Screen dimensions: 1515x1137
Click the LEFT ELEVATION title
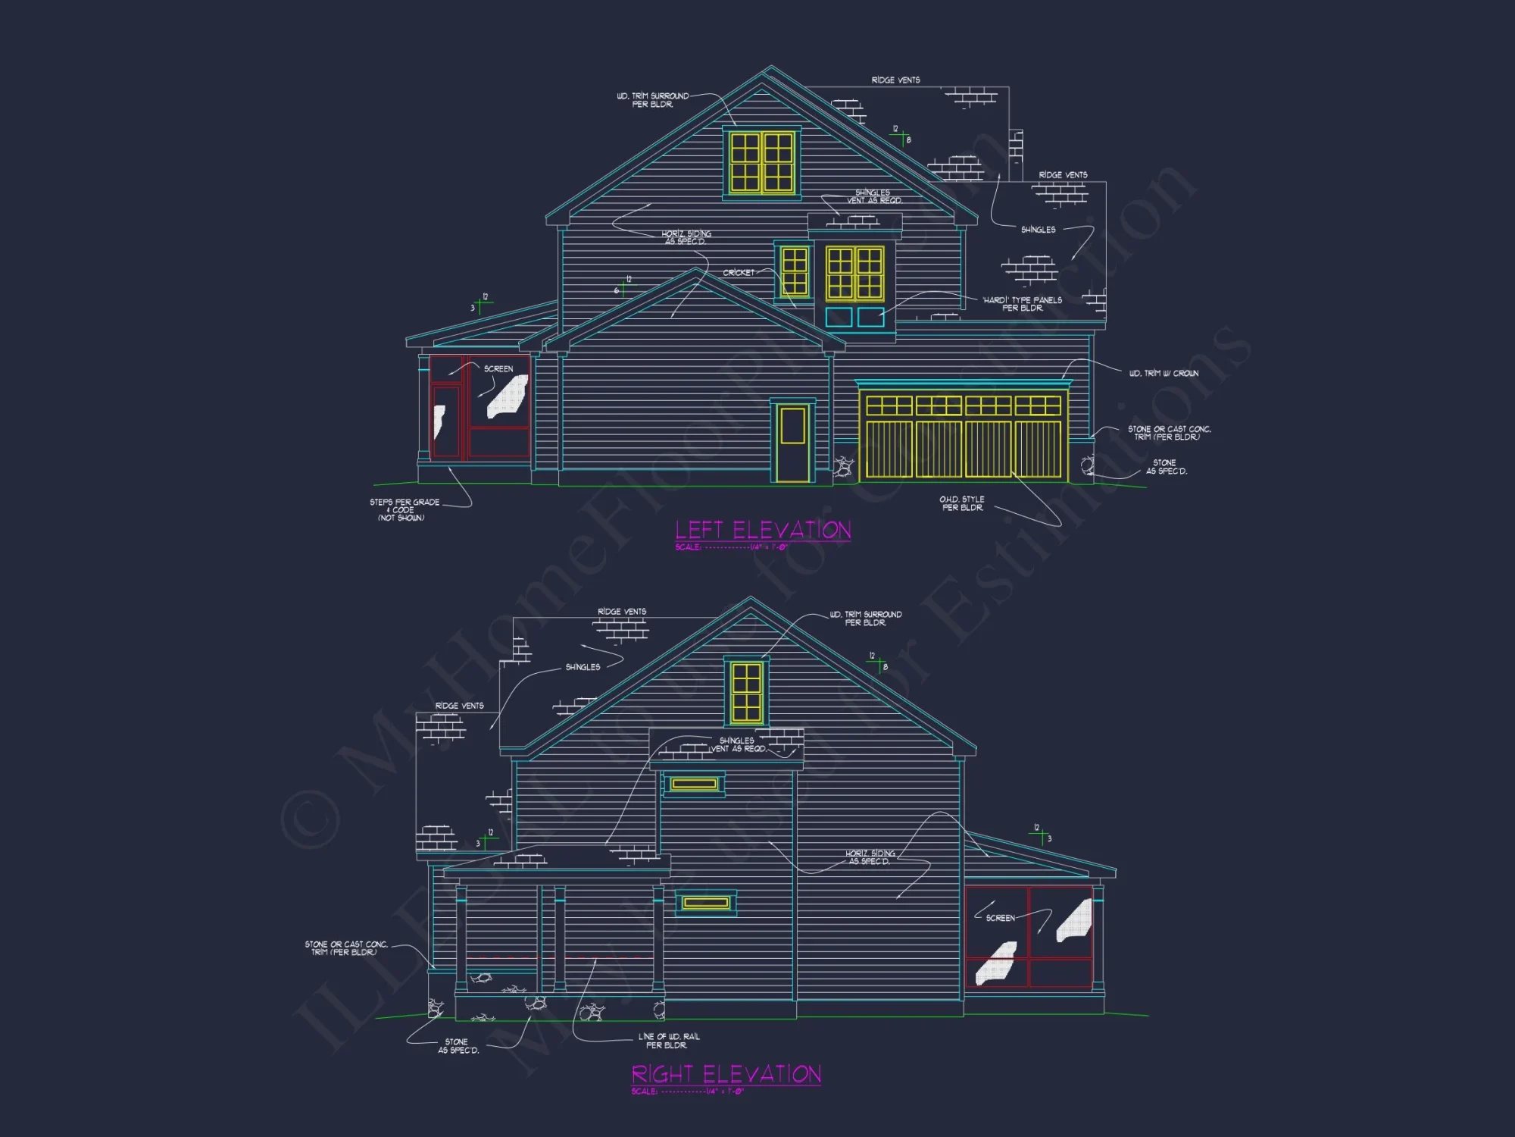(763, 529)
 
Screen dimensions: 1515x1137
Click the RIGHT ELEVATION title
(726, 1074)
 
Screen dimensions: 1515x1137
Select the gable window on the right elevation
(746, 691)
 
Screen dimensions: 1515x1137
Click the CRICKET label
(739, 273)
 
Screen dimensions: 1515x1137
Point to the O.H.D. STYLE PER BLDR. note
(962, 503)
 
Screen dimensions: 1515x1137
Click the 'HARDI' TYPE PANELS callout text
(1022, 304)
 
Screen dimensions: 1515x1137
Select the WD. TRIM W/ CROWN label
(1164, 373)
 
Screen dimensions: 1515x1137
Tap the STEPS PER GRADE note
(404, 509)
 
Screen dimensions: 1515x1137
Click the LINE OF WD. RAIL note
(668, 1041)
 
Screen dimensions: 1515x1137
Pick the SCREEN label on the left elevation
(498, 369)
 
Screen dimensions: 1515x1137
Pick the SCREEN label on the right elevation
(1000, 918)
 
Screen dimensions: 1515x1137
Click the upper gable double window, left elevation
(761, 161)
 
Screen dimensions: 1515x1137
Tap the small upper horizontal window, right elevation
(694, 784)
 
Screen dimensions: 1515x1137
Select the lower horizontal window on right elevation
(705, 902)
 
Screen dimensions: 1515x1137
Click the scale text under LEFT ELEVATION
(731, 547)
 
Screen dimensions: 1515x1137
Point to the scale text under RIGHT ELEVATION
(688, 1092)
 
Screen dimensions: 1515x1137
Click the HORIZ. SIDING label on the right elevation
(870, 857)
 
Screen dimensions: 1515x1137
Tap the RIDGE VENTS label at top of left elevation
(895, 80)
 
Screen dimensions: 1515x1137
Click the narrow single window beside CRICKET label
(794, 271)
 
